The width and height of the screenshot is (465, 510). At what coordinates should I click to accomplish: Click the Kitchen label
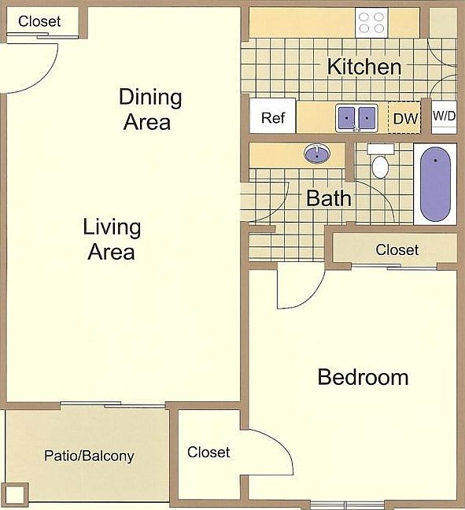pos(364,67)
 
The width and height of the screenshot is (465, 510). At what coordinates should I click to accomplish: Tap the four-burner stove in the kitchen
pos(371,23)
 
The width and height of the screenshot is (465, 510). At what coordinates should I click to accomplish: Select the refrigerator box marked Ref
pos(273,116)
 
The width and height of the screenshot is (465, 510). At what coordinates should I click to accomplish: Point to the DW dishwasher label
pos(405,119)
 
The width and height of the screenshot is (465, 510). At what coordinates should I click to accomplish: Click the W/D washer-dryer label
pos(445,116)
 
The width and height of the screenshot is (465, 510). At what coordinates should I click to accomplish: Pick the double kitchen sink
pos(356,118)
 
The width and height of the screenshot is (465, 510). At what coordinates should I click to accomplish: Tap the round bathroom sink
pos(317,153)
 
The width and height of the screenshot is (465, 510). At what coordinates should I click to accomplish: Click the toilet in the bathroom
pos(380,161)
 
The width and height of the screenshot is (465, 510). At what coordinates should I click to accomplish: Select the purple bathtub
pos(435,184)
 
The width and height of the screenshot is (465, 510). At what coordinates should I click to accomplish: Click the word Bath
pos(329,198)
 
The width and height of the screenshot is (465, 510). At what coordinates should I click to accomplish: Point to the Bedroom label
pos(363,377)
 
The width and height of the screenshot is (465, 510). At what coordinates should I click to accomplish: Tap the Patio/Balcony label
pos(89,456)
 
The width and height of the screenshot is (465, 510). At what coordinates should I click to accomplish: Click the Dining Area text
pos(149,109)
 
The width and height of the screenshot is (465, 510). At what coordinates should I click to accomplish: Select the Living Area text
pos(112,239)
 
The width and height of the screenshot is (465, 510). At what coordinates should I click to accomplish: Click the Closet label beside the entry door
pos(39,21)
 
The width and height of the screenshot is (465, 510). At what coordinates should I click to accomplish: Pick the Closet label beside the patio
pos(209,452)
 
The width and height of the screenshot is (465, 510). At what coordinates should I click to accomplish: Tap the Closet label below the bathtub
pos(397,249)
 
